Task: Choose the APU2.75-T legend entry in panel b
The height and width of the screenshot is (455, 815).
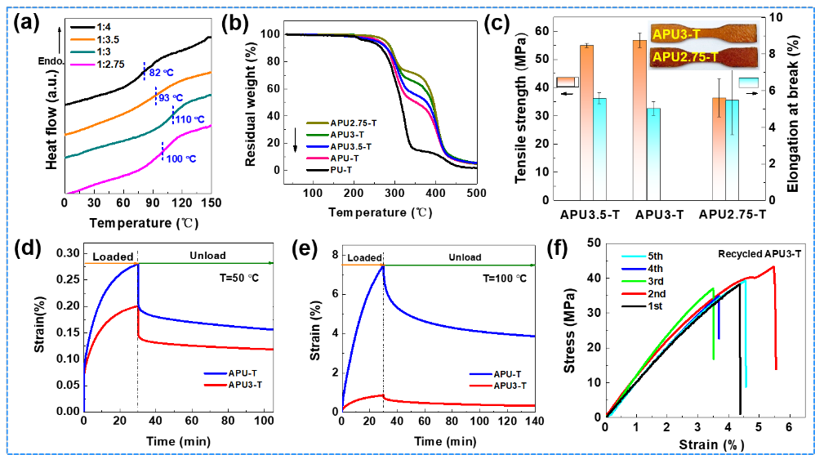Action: (x=341, y=123)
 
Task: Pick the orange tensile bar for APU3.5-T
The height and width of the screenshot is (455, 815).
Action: (x=586, y=123)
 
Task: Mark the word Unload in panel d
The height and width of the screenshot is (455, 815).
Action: (x=208, y=256)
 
